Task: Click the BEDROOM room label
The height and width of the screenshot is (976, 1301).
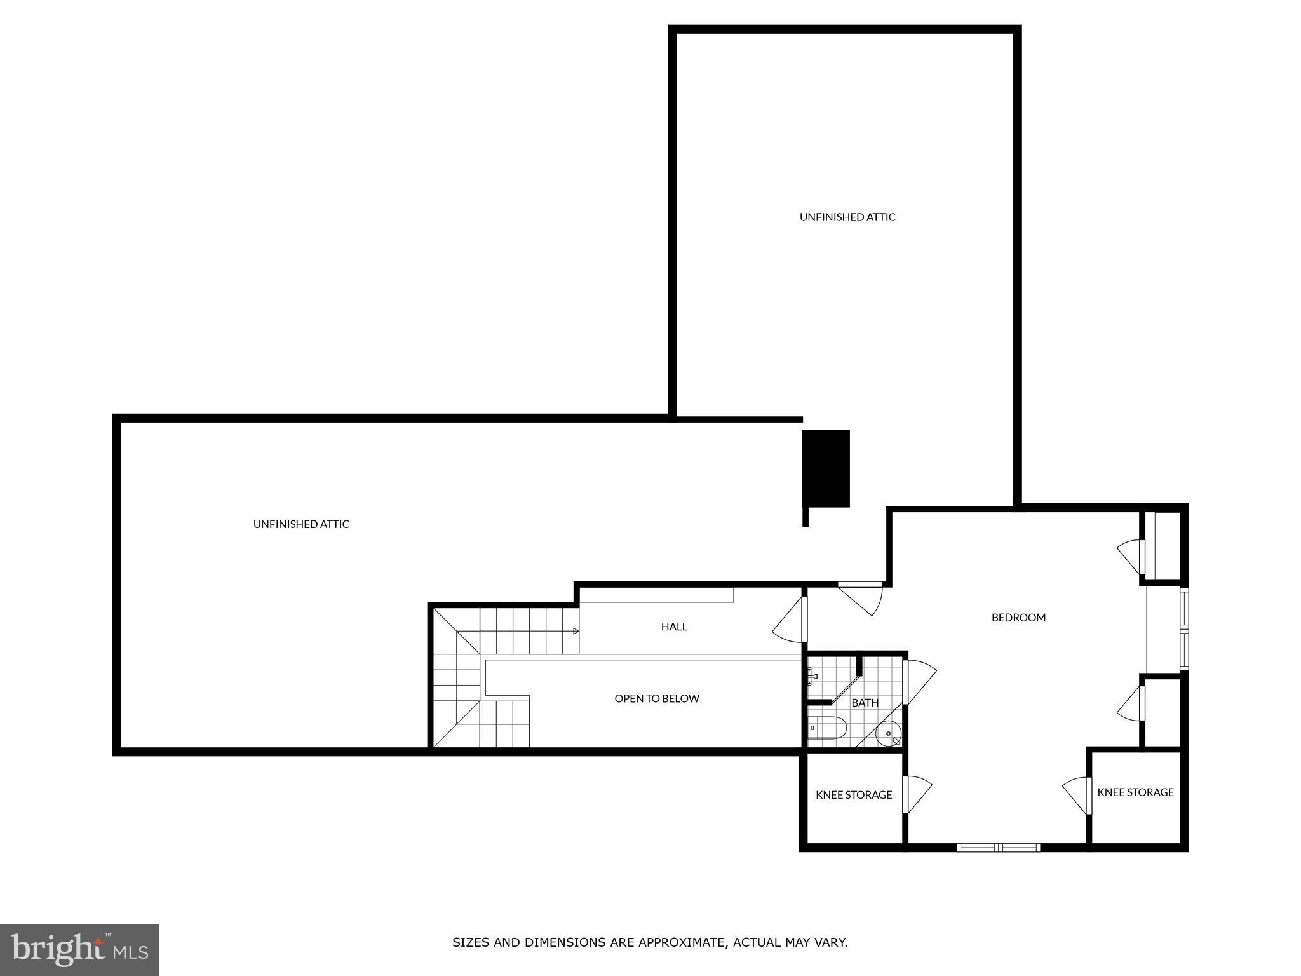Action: tap(1018, 617)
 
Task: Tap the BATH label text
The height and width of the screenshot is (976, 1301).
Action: tap(865, 703)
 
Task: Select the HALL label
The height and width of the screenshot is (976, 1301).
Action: tap(674, 627)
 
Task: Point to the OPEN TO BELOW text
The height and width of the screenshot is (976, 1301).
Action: tap(657, 698)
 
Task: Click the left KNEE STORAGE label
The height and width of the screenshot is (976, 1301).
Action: tap(854, 795)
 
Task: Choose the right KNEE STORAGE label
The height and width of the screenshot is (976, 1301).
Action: tap(1135, 792)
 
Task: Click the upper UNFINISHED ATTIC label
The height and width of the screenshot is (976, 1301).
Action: tap(847, 217)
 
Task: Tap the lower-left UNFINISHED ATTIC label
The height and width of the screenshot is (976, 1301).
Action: tap(301, 524)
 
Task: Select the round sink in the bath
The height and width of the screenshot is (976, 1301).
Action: tap(887, 734)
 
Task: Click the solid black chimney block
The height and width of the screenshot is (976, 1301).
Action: tap(826, 468)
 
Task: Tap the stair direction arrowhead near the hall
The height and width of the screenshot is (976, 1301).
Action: tap(576, 631)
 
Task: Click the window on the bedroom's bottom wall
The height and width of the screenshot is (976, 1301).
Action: tap(998, 847)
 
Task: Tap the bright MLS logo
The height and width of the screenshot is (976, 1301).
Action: tap(79, 949)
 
